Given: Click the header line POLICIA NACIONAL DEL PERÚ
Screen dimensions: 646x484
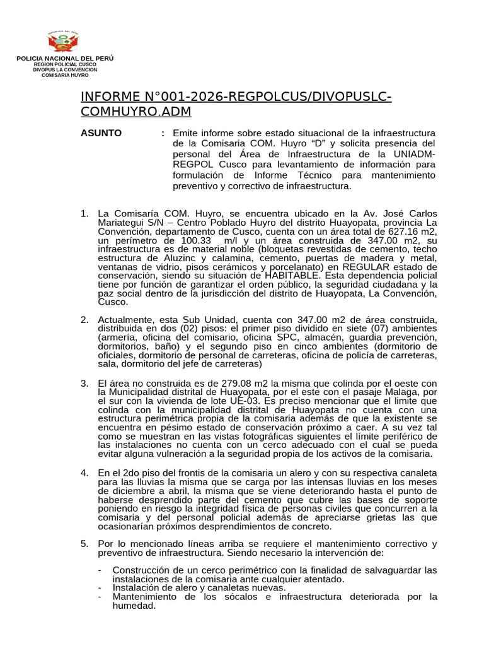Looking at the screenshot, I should (65, 58).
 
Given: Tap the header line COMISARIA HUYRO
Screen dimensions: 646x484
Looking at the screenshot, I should (65, 75).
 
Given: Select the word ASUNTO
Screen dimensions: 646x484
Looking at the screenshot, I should (101, 133).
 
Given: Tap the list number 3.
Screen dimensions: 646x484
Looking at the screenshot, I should (84, 384).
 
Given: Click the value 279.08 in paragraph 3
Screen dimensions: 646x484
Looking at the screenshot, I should (240, 384).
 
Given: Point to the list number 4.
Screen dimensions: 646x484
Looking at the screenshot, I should (84, 473).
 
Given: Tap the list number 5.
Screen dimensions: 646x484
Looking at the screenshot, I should (84, 544).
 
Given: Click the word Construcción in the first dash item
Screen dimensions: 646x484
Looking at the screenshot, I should (142, 570).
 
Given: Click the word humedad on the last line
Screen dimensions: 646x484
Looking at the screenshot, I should (133, 605).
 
